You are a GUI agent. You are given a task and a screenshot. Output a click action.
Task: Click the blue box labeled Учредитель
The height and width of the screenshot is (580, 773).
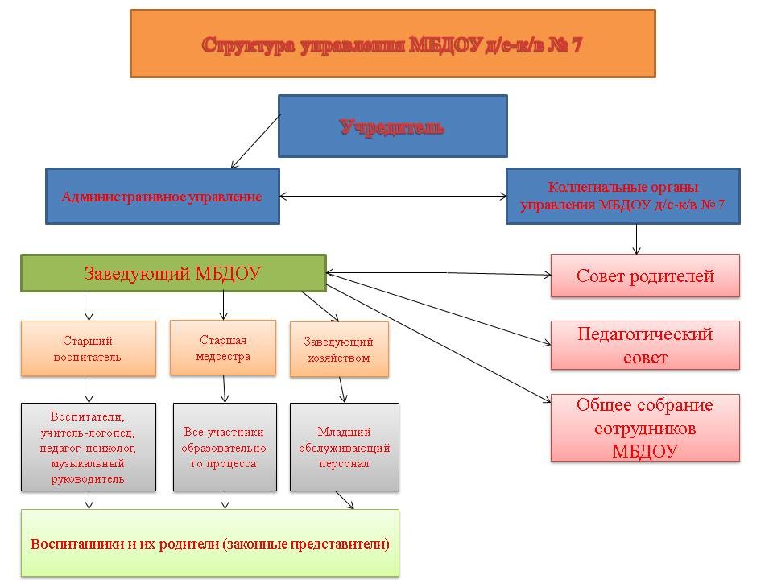point(392,126)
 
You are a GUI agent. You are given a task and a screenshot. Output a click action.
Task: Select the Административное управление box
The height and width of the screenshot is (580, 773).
point(163,197)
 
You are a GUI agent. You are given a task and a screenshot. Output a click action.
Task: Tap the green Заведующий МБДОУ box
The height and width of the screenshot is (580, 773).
point(174,273)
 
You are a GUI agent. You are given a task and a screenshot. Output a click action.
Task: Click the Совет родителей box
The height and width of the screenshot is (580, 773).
point(645,275)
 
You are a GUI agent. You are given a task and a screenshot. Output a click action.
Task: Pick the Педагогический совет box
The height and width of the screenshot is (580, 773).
point(645,346)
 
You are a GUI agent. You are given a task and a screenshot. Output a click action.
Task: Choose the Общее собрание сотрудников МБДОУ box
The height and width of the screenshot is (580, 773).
point(645,428)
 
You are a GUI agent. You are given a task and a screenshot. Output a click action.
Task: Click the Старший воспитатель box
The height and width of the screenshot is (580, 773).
point(89,349)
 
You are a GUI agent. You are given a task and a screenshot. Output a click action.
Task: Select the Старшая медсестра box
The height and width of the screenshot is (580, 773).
point(223,348)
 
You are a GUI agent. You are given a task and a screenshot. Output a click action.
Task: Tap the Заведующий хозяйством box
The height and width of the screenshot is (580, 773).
point(339,349)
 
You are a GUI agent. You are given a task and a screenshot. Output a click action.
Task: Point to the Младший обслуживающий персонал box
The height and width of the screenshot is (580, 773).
point(344,447)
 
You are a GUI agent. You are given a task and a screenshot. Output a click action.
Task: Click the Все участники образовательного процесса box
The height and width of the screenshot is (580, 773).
point(225,447)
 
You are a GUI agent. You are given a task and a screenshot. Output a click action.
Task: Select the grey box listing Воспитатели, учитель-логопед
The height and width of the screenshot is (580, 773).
point(89,447)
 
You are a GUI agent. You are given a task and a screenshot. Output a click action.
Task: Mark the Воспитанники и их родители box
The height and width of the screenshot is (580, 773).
point(210,543)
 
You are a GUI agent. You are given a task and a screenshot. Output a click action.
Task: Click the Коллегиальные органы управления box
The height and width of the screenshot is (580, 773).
point(623,197)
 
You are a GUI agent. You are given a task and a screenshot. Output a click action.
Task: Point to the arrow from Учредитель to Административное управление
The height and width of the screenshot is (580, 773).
point(256,141)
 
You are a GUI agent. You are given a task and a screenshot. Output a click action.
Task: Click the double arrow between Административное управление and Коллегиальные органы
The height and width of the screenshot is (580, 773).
point(393,197)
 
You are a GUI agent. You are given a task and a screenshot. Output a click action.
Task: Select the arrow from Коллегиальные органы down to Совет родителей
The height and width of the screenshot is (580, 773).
point(636,239)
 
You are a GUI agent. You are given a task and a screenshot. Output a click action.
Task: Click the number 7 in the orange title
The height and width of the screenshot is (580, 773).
point(577,45)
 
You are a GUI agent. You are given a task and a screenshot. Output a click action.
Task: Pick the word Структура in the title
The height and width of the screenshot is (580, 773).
point(249,45)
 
